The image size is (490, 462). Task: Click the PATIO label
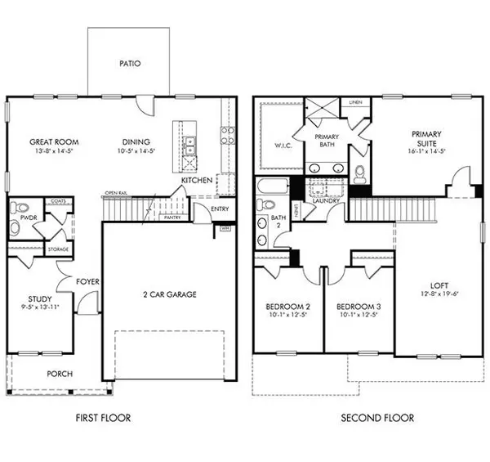click(x=128, y=61)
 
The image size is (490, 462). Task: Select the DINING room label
click(x=136, y=141)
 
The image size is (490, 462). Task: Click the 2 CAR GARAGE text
click(x=169, y=294)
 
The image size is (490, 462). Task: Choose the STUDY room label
click(x=39, y=299)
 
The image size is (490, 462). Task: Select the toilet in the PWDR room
click(x=22, y=208)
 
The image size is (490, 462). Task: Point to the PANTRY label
click(x=171, y=218)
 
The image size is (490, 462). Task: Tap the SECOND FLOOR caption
click(x=378, y=418)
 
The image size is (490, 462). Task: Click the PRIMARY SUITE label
click(x=427, y=132)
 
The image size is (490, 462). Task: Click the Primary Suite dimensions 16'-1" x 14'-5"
click(x=427, y=151)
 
